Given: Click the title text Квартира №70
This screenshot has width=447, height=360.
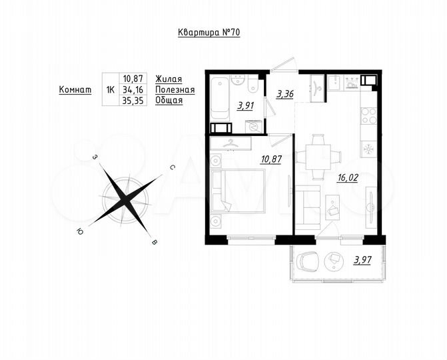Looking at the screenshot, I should click(x=209, y=33).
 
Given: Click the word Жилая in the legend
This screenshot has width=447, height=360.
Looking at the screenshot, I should click(x=169, y=78).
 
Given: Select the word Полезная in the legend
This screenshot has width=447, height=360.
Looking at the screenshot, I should click(x=175, y=89).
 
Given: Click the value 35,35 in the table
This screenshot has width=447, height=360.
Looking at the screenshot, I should click(x=133, y=101).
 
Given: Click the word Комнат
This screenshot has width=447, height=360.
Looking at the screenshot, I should click(x=75, y=89).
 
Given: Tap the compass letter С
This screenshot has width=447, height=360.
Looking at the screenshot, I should click(x=172, y=169).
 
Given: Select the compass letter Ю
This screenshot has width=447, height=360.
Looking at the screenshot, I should click(x=80, y=231).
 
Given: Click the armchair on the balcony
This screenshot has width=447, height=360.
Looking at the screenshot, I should click(x=308, y=261).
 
